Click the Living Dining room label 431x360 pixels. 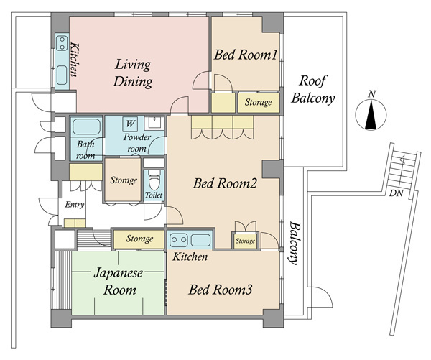click(134, 73)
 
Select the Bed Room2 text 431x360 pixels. click(225, 183)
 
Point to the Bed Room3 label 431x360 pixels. click(221, 290)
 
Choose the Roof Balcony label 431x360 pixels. click(317, 88)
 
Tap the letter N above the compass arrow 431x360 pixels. click(371, 94)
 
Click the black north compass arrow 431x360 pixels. click(371, 116)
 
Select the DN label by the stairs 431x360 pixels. click(395, 193)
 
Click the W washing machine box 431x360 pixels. click(131, 123)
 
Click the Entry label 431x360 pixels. click(75, 206)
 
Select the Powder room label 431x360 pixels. click(136, 142)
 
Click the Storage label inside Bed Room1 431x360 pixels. click(258, 103)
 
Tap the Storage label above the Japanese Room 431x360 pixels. click(139, 239)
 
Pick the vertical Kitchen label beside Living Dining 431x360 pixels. click(73, 63)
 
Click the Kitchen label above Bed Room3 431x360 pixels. click(190, 257)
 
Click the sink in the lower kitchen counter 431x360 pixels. click(200, 240)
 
